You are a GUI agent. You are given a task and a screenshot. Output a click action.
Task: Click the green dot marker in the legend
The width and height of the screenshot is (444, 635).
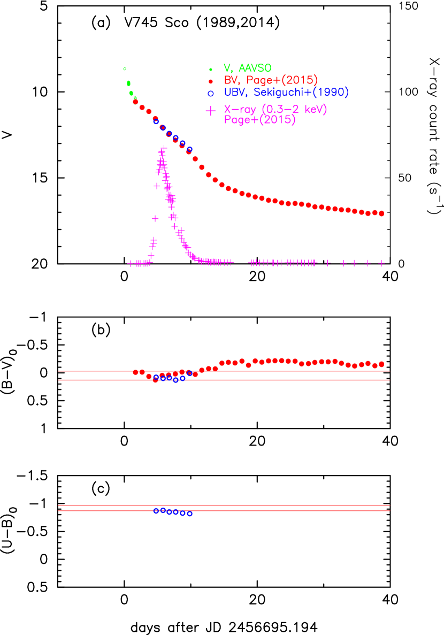211,69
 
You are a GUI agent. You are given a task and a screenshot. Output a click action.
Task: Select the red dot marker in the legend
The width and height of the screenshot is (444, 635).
211,81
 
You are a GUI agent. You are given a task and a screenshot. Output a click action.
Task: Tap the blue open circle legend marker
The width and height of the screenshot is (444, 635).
211,93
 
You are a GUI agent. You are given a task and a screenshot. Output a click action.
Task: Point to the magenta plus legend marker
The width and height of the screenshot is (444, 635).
211,111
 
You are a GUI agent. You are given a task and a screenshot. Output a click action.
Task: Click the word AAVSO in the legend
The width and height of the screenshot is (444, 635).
255,68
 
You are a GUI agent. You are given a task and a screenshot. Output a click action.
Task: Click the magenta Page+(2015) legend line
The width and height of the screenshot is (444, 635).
259,120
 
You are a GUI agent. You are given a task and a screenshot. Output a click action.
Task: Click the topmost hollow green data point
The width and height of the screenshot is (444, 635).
125,68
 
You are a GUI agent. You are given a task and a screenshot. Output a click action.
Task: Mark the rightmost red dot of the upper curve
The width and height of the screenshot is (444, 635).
381,213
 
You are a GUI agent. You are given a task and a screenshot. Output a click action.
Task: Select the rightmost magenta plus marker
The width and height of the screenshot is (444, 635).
381,263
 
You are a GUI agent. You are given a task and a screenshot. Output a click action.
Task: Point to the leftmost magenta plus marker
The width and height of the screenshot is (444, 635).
130,263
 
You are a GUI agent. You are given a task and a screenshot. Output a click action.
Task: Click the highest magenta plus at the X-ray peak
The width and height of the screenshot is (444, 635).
164,148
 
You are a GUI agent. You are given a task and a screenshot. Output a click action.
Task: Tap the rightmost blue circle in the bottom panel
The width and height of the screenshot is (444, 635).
189,514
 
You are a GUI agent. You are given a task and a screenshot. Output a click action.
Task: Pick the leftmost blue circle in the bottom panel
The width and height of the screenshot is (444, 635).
156,510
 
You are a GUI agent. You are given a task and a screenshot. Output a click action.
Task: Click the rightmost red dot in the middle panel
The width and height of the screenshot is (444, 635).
381,364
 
